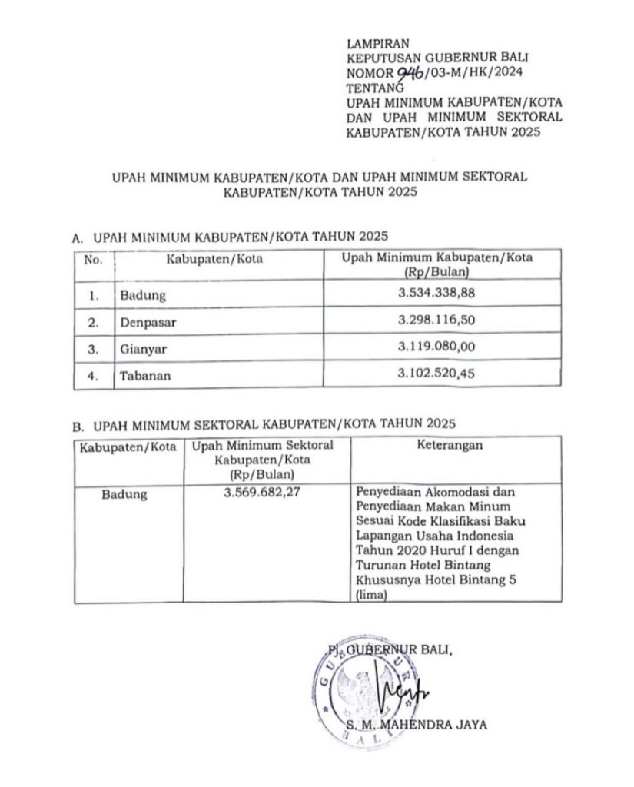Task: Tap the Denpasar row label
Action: point(148,323)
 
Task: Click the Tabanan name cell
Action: point(144,377)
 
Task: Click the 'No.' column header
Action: point(94,260)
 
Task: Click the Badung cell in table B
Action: point(124,495)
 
